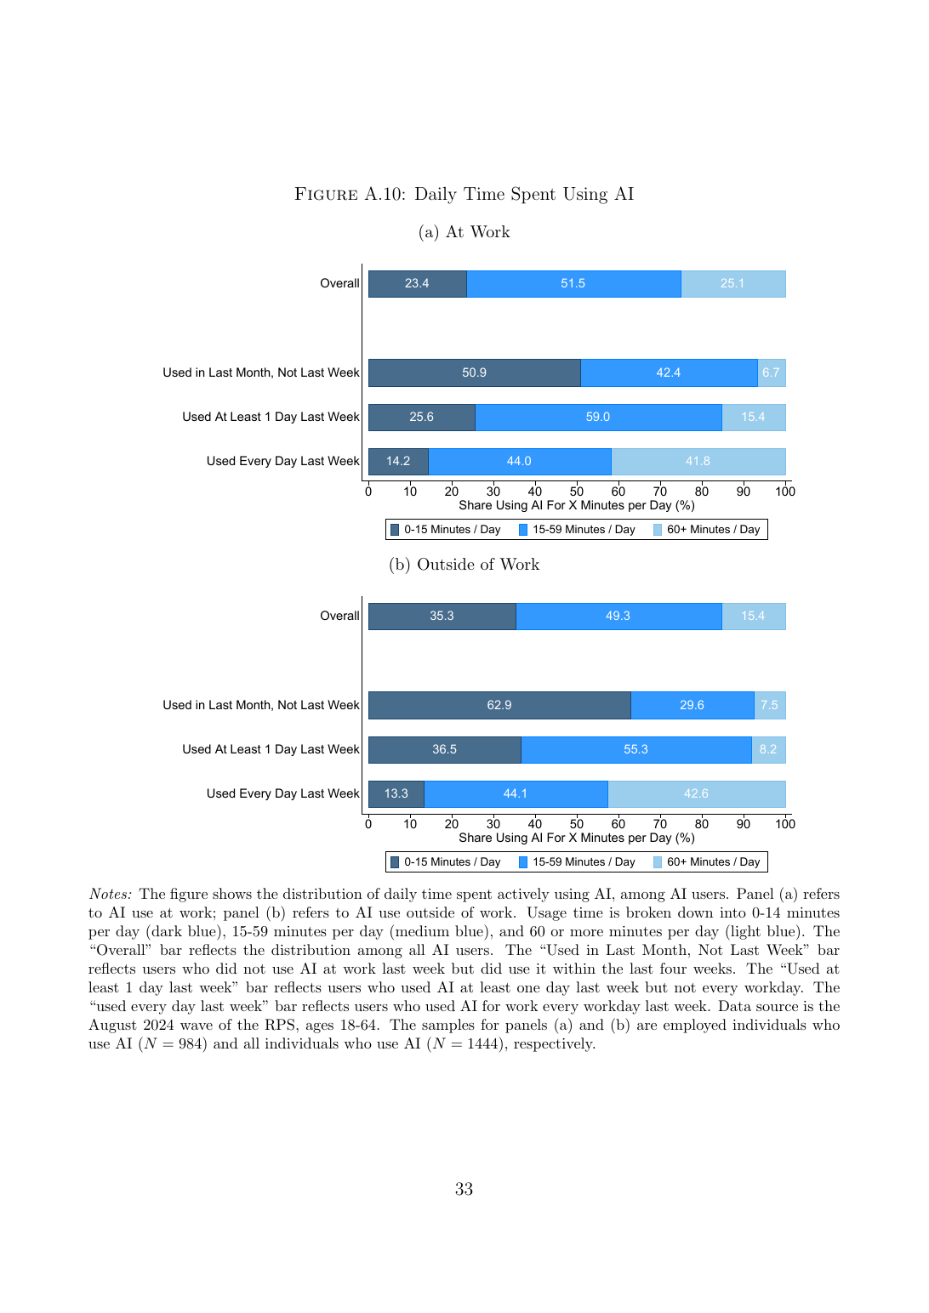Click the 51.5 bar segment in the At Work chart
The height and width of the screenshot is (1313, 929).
click(x=573, y=284)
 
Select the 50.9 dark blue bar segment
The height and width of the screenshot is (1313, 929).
click(x=475, y=372)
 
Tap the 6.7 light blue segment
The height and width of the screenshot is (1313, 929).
click(x=772, y=372)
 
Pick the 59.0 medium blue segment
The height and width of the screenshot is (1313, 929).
click(x=598, y=418)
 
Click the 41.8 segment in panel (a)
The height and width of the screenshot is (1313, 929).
click(x=698, y=461)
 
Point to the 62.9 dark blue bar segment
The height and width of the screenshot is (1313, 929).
click(x=499, y=705)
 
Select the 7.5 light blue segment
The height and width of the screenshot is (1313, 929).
click(x=770, y=705)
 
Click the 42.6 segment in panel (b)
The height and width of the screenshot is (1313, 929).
click(x=697, y=793)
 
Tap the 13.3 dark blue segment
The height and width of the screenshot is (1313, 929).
click(x=396, y=793)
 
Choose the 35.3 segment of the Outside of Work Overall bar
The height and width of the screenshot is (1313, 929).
click(x=442, y=616)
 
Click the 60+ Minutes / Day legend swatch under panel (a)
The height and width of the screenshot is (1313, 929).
click(x=658, y=530)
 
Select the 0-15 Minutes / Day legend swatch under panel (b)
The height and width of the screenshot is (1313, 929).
click(x=395, y=862)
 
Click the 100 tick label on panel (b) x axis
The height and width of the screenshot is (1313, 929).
click(x=785, y=824)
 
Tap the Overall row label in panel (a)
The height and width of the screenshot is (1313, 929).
click(x=339, y=284)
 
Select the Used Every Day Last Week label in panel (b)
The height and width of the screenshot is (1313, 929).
click(x=282, y=793)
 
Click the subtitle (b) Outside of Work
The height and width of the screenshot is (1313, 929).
click(x=464, y=565)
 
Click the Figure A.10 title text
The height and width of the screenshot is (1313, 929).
click(x=464, y=194)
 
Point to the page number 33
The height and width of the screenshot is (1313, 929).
click(x=464, y=1189)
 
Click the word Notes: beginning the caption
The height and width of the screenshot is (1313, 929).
click(x=111, y=894)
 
